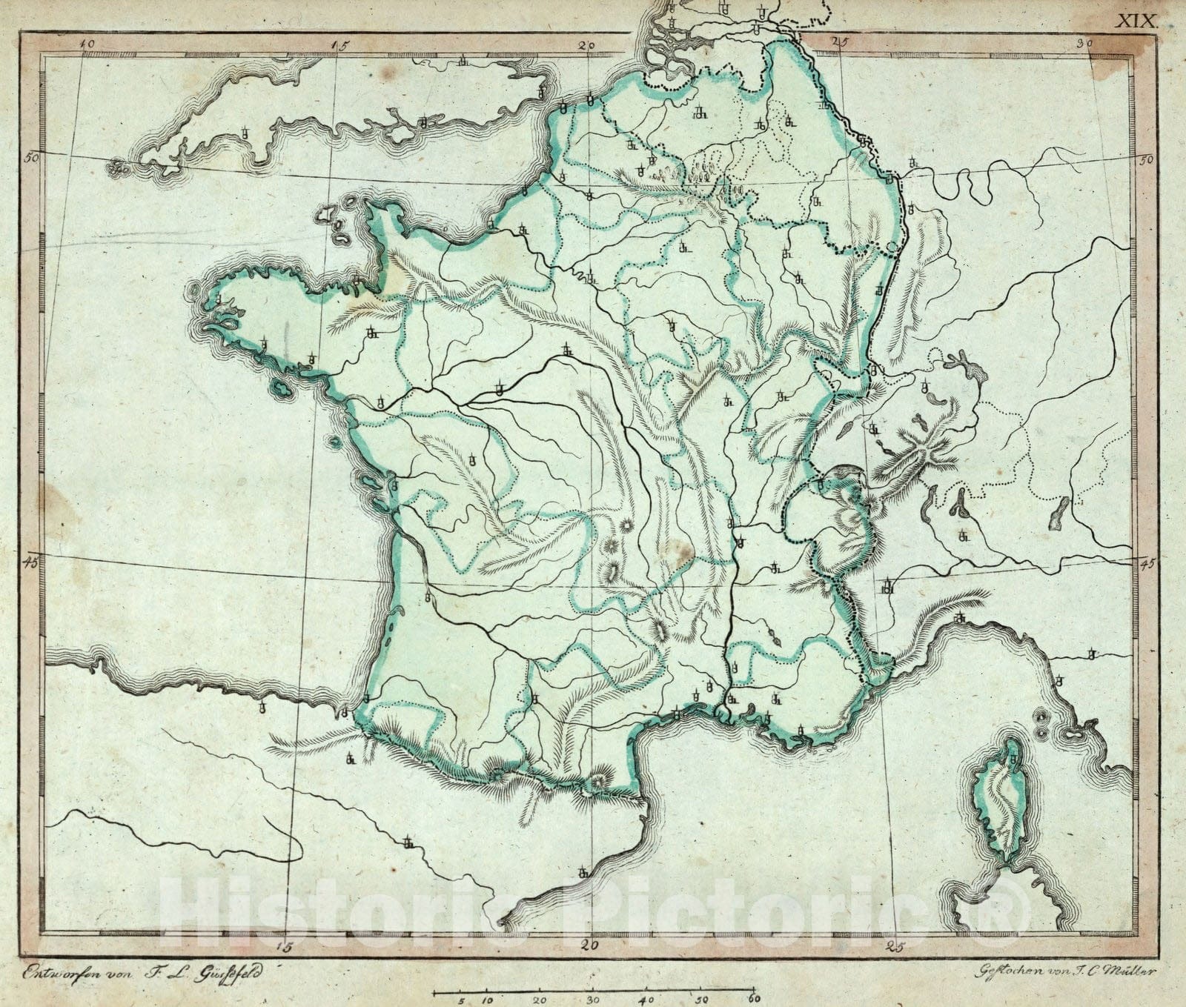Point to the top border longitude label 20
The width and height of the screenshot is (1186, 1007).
(x=587, y=44)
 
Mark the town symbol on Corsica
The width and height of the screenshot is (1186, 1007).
(x=1013, y=760)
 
